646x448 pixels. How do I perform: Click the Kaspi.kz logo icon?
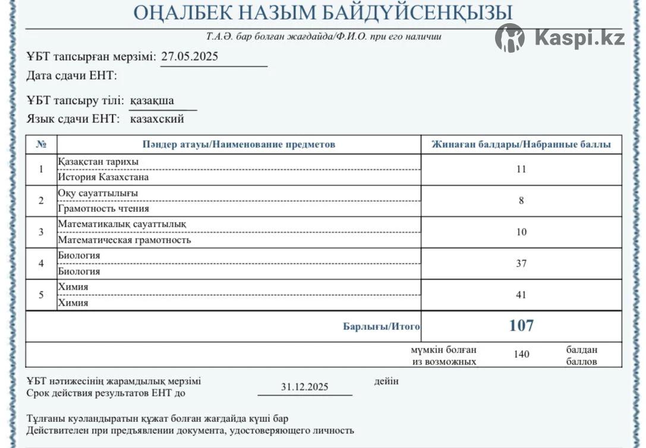(510, 38)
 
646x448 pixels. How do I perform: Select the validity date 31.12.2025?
(304, 387)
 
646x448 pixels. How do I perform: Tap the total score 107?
(521, 325)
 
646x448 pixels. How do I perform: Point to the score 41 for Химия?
(521, 295)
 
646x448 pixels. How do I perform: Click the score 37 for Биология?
(521, 263)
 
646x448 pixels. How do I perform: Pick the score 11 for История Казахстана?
(521, 169)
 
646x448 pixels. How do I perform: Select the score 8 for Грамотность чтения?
(521, 201)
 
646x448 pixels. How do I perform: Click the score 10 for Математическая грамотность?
(521, 232)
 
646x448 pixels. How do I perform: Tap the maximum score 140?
(521, 354)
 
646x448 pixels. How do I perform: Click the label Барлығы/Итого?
(382, 326)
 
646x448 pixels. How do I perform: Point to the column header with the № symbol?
(42, 144)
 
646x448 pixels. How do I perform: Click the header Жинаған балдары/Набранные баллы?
(521, 144)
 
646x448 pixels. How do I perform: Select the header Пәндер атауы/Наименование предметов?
(239, 144)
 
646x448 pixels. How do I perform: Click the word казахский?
(157, 119)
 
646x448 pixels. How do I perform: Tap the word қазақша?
(152, 100)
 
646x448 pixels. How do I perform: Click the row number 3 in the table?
(41, 232)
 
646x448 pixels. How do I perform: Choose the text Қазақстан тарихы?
(98, 162)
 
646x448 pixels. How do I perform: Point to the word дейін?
(386, 381)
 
